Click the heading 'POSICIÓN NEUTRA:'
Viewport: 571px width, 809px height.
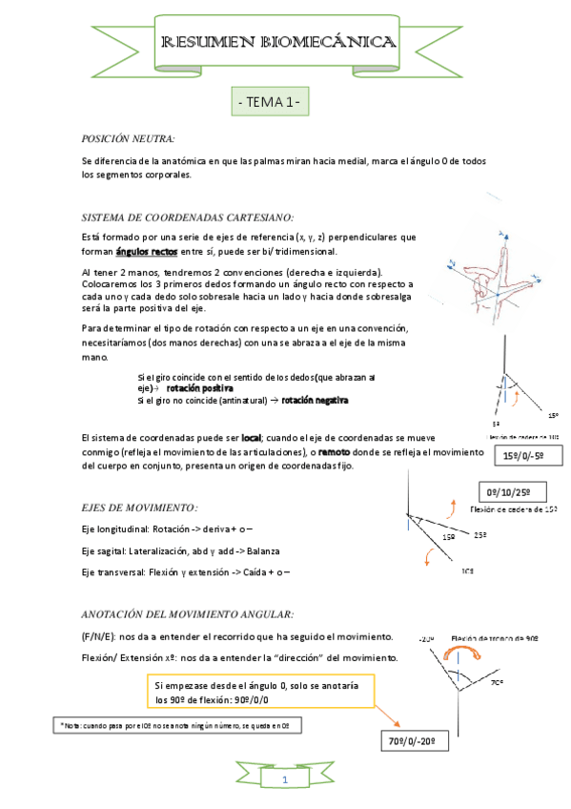[x=129, y=138]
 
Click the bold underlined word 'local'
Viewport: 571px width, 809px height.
[x=251, y=437]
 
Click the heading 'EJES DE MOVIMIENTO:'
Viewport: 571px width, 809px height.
[x=140, y=507]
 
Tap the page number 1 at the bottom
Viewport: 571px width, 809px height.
[x=283, y=781]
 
